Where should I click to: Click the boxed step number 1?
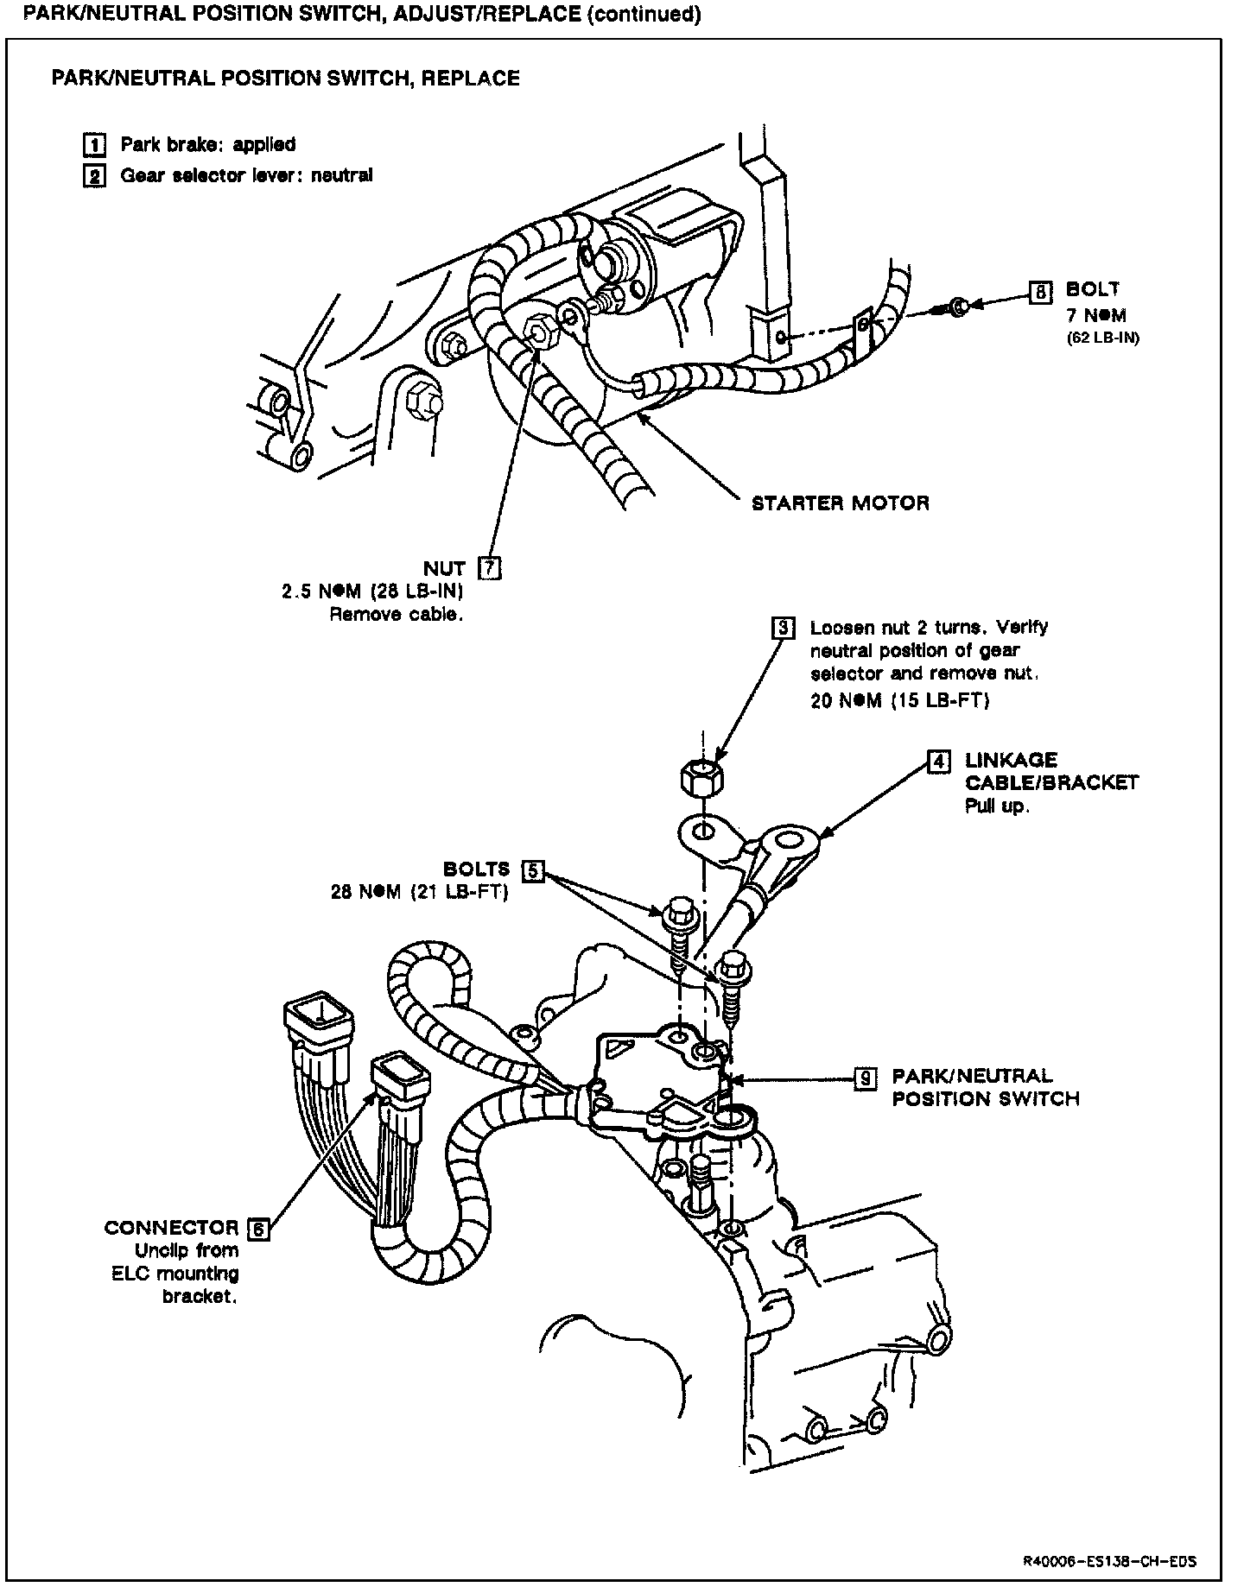[x=94, y=144]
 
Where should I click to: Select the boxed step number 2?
[x=94, y=176]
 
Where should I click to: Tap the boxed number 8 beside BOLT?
[x=1040, y=294]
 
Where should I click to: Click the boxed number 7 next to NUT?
[x=490, y=568]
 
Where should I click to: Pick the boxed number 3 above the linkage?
[x=782, y=628]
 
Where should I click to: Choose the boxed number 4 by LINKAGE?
[x=938, y=761]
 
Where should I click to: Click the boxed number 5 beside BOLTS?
[x=533, y=870]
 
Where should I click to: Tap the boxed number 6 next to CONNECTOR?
[x=258, y=1228]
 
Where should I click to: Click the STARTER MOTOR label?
[x=840, y=503]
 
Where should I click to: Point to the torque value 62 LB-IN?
[x=1102, y=338]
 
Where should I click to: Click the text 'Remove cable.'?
[x=396, y=616]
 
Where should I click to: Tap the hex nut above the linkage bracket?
[x=703, y=779]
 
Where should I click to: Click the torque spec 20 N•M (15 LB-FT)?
[x=898, y=700]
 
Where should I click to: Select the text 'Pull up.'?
[x=997, y=807]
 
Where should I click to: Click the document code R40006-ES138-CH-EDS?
[x=1109, y=1537]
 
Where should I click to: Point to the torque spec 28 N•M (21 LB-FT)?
[x=419, y=892]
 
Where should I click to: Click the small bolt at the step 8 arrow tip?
[x=956, y=307]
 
